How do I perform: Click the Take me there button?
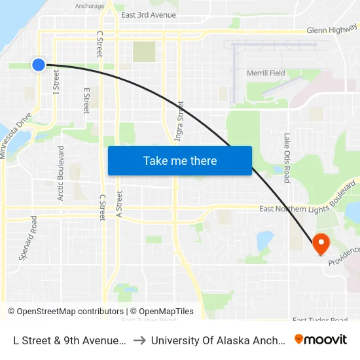coord(180,161)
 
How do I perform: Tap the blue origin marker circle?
coord(39,64)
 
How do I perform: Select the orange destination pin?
coord(321,244)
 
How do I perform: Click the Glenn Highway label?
coord(332,30)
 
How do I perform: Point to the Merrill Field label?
coord(266,73)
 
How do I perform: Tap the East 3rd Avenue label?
coord(149,15)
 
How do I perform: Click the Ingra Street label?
coord(179,120)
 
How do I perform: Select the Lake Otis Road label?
coord(287,158)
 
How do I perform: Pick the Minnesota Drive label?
coord(16,135)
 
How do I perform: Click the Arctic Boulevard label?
coord(61,173)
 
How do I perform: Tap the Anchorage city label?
coord(90,7)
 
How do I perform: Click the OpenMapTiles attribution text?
coord(164,312)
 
